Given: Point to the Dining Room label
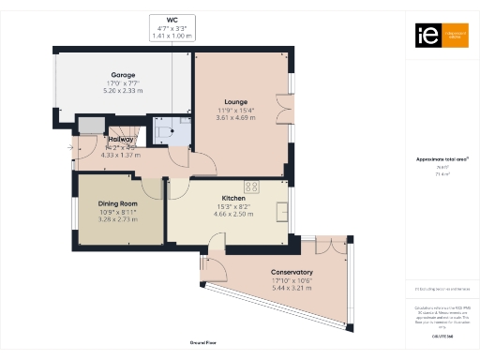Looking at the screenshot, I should tap(118, 203).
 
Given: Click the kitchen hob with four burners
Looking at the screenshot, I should tap(251, 185).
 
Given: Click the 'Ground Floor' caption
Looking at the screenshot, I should tap(203, 344).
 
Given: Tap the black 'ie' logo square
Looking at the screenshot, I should tap(423, 35).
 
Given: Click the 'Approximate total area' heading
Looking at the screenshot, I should tap(442, 159).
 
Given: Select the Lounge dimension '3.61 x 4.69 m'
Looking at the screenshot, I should tap(236, 118).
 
